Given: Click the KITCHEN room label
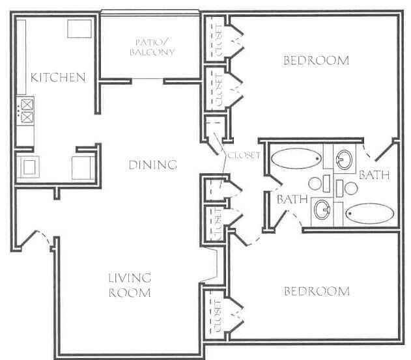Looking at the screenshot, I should coord(58,78).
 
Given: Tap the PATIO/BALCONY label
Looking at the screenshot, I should coord(152,47).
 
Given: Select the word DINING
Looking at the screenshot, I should coord(152,165).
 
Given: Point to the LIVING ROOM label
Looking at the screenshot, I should coord(129,286).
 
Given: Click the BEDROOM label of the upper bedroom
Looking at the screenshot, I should coord(316,61).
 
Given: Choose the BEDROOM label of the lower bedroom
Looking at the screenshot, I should coord(317,291).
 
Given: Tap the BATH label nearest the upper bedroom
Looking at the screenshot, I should coord(374,175).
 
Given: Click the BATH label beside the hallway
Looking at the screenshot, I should coord(292,200).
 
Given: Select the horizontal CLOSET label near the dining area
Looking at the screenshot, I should coord(244,156).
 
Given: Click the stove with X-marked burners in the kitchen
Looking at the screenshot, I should coord(27,111).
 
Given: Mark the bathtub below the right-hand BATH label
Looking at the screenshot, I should coord(369,214).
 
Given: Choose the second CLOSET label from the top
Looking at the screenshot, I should coord(218,88).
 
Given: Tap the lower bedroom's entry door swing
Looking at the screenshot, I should coord(246,239).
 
